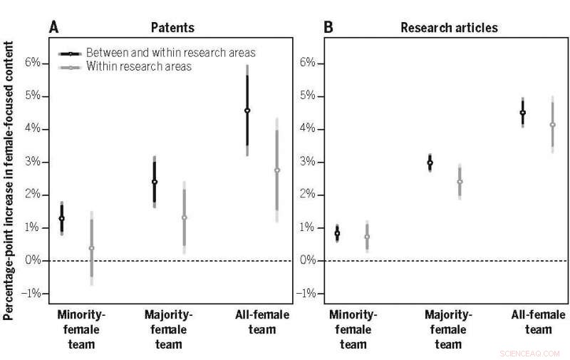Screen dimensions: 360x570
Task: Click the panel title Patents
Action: pyautogui.click(x=172, y=28)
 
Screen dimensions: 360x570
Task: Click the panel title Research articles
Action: pyautogui.click(x=449, y=28)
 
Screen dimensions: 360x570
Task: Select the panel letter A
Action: pyautogui.click(x=53, y=27)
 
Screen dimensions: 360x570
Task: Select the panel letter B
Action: pyautogui.click(x=328, y=27)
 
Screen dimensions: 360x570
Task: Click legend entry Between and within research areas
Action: pyautogui.click(x=170, y=53)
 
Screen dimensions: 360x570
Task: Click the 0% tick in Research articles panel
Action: pyautogui.click(x=309, y=261)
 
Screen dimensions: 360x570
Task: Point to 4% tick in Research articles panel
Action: pyautogui.click(x=309, y=129)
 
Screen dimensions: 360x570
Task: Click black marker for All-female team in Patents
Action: pyautogui.click(x=247, y=110)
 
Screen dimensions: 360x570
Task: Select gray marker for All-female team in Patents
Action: pyautogui.click(x=277, y=170)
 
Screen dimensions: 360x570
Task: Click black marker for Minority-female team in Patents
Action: pyautogui.click(x=61, y=219)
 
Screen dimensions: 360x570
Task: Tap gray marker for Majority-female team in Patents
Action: pyautogui.click(x=185, y=218)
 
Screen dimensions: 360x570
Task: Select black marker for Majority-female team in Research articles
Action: pyautogui.click(x=430, y=163)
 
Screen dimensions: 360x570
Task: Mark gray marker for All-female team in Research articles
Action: pyautogui.click(x=552, y=125)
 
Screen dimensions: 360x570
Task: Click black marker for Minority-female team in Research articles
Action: pyautogui.click(x=337, y=233)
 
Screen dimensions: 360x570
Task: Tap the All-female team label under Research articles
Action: pyautogui.click(x=539, y=322)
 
